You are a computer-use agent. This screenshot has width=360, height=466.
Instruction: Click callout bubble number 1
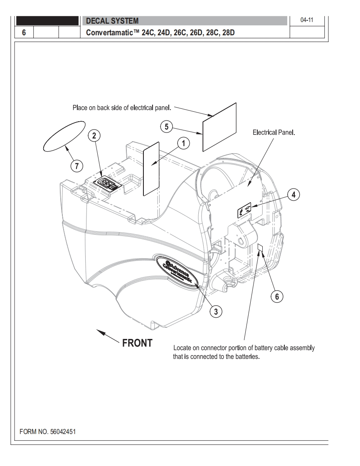click(x=182, y=143)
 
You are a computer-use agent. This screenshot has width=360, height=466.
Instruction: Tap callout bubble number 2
click(x=95, y=135)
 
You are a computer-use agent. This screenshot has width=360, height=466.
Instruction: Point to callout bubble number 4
click(x=293, y=194)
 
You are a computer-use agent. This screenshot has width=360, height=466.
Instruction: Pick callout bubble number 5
click(x=167, y=127)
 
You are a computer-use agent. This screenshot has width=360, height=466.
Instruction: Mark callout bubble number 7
click(x=76, y=166)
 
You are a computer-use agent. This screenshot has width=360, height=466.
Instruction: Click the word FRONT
click(x=137, y=343)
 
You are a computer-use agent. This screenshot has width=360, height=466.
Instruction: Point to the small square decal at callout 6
click(x=260, y=248)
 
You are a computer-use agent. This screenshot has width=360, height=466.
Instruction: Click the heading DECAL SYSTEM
click(x=112, y=21)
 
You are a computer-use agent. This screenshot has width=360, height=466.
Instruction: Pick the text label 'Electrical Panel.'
click(x=276, y=134)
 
